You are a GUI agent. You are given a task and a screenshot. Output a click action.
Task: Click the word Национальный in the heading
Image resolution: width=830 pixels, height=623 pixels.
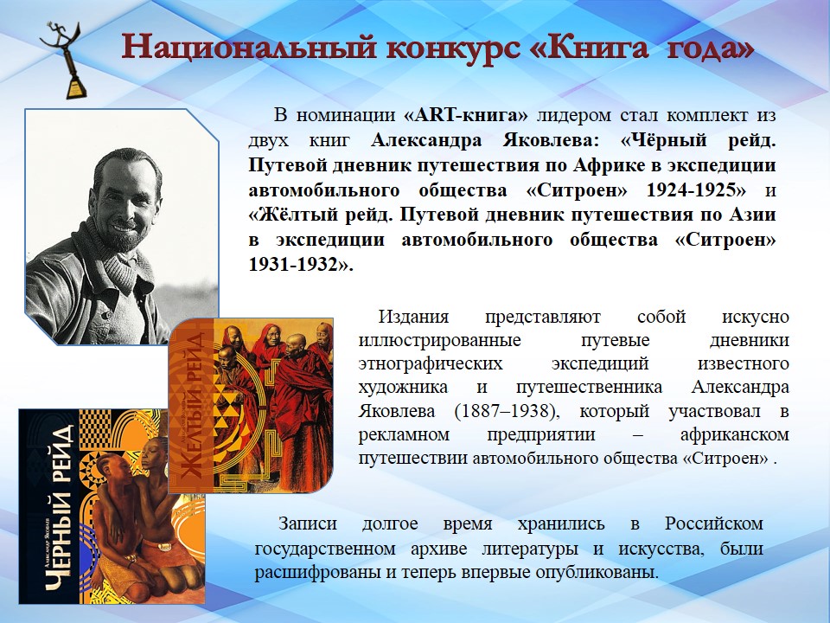[250, 48]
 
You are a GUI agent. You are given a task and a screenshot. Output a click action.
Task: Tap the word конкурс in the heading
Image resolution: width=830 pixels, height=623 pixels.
[452, 48]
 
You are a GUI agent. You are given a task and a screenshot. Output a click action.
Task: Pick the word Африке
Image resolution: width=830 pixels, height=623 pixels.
[607, 164]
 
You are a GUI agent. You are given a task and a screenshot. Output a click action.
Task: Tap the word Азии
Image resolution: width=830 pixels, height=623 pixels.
[753, 215]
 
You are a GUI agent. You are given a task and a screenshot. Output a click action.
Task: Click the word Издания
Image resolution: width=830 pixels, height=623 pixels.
[413, 317]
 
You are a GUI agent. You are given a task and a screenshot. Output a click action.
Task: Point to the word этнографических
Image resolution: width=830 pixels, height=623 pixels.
[431, 364]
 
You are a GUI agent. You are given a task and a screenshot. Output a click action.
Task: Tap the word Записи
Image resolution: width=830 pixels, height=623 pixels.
[308, 523]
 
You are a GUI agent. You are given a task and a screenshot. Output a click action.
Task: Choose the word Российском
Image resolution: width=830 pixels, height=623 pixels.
[714, 523]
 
